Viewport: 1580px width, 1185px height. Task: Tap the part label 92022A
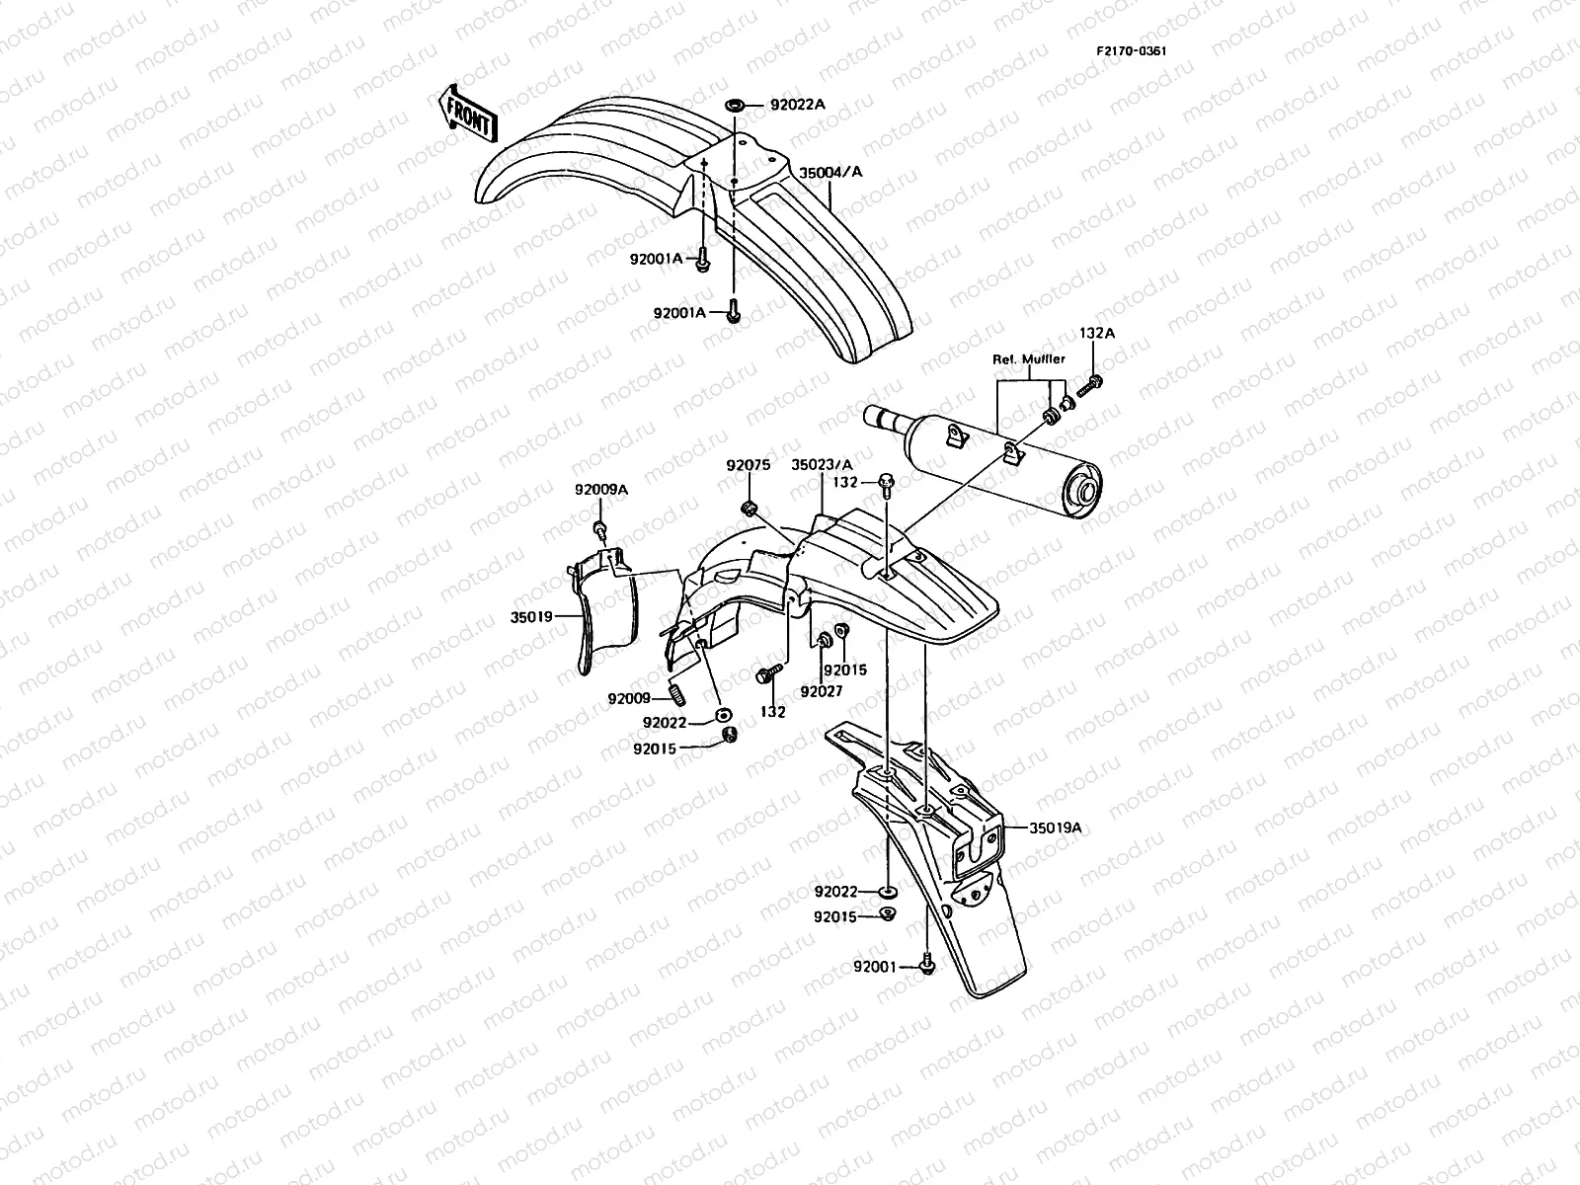(797, 104)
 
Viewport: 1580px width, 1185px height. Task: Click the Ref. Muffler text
(1028, 359)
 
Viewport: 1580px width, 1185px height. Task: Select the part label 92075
(748, 464)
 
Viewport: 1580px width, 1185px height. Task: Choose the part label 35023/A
(821, 464)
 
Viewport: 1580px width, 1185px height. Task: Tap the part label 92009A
(599, 489)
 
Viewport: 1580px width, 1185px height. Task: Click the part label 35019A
(1057, 829)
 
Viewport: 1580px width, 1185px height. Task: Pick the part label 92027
(822, 691)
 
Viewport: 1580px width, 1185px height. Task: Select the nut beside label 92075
(750, 508)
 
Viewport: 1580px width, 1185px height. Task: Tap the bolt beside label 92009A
(598, 531)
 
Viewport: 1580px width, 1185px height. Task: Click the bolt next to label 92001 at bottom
(926, 963)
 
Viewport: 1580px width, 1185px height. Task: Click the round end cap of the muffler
(1087, 492)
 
